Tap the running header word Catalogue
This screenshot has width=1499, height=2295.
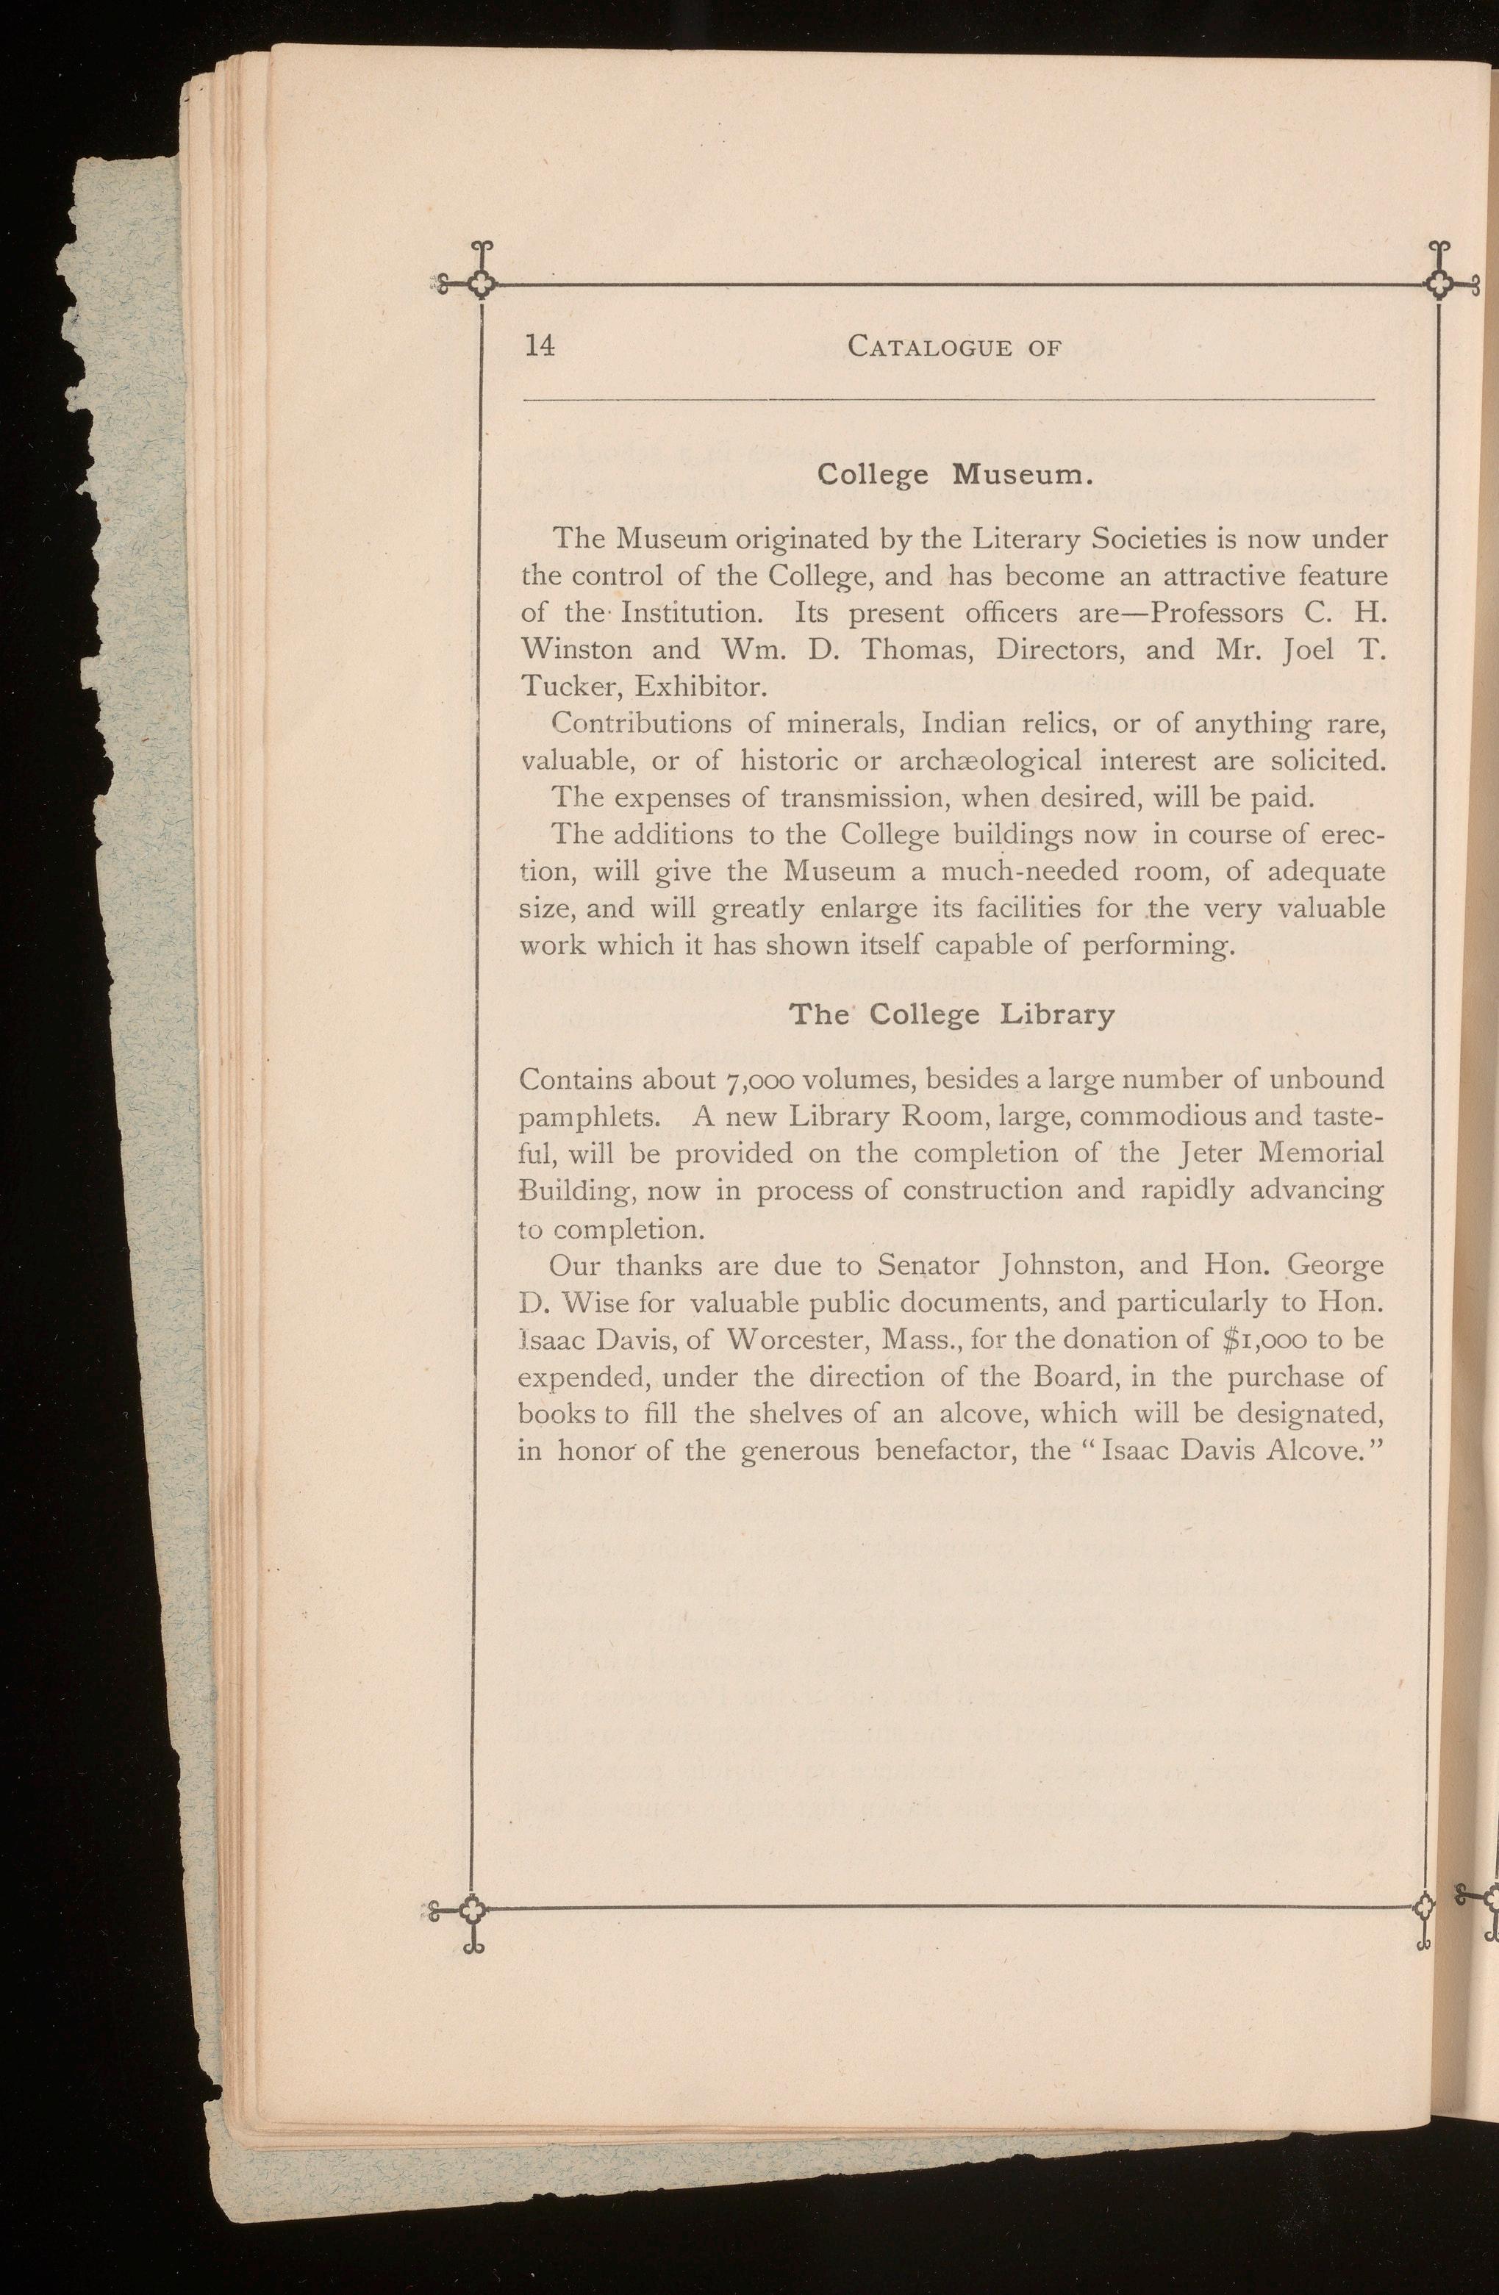coord(930,346)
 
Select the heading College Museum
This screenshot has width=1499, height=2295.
coord(953,476)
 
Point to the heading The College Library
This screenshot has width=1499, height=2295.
coord(952,1015)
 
